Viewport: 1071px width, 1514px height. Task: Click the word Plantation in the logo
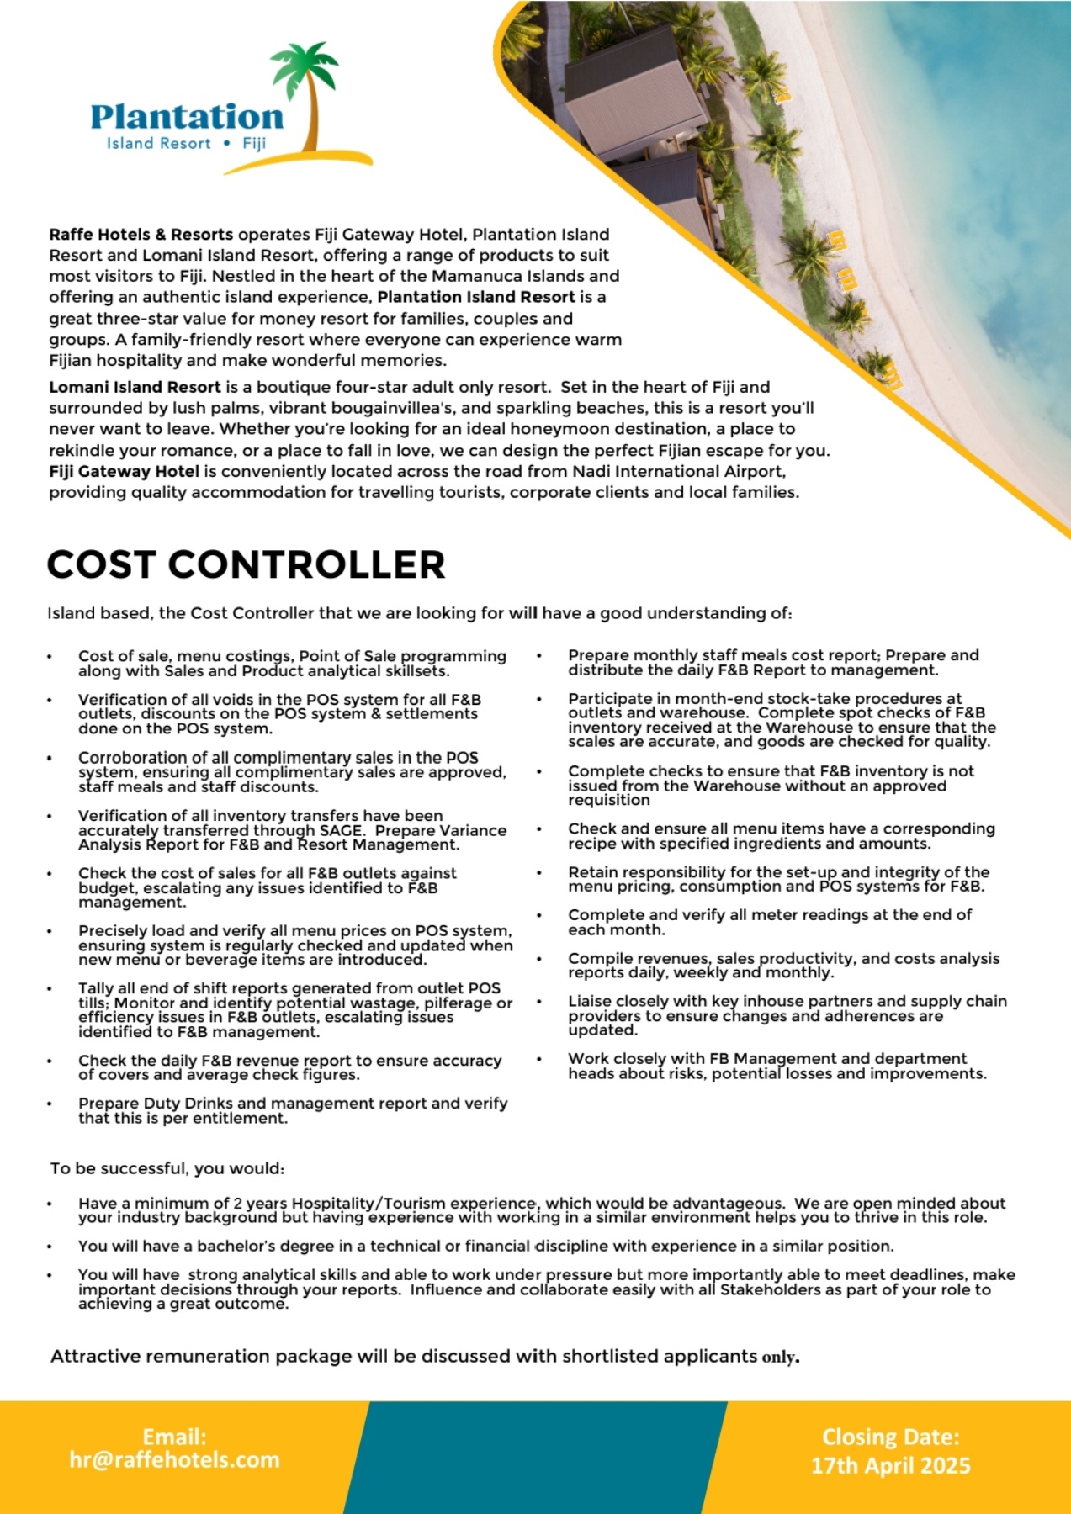pyautogui.click(x=187, y=117)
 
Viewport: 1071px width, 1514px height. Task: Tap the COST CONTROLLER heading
pyautogui.click(x=246, y=564)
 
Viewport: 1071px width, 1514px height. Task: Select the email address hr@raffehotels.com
pyautogui.click(x=174, y=1459)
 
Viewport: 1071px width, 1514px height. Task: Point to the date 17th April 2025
pyautogui.click(x=890, y=1465)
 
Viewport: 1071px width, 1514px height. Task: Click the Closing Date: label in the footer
pyautogui.click(x=890, y=1437)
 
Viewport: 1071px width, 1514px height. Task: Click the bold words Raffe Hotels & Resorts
pyautogui.click(x=141, y=235)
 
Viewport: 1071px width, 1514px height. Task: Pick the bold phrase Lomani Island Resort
pyautogui.click(x=135, y=387)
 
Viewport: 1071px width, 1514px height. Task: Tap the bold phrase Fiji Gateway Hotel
pyautogui.click(x=124, y=471)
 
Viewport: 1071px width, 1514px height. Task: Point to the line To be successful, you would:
pyautogui.click(x=167, y=1168)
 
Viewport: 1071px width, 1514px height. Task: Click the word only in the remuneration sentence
pyautogui.click(x=778, y=1357)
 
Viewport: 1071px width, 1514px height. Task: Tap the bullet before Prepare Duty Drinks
pyautogui.click(x=50, y=1104)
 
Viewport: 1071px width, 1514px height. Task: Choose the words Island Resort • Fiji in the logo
pyautogui.click(x=186, y=143)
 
